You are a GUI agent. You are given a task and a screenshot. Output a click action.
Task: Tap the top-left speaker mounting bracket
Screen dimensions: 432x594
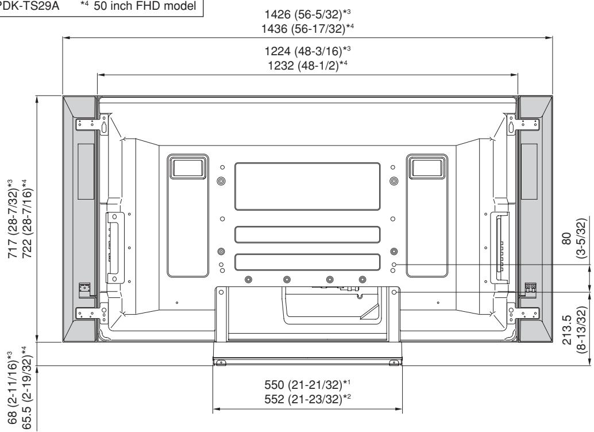(84, 124)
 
